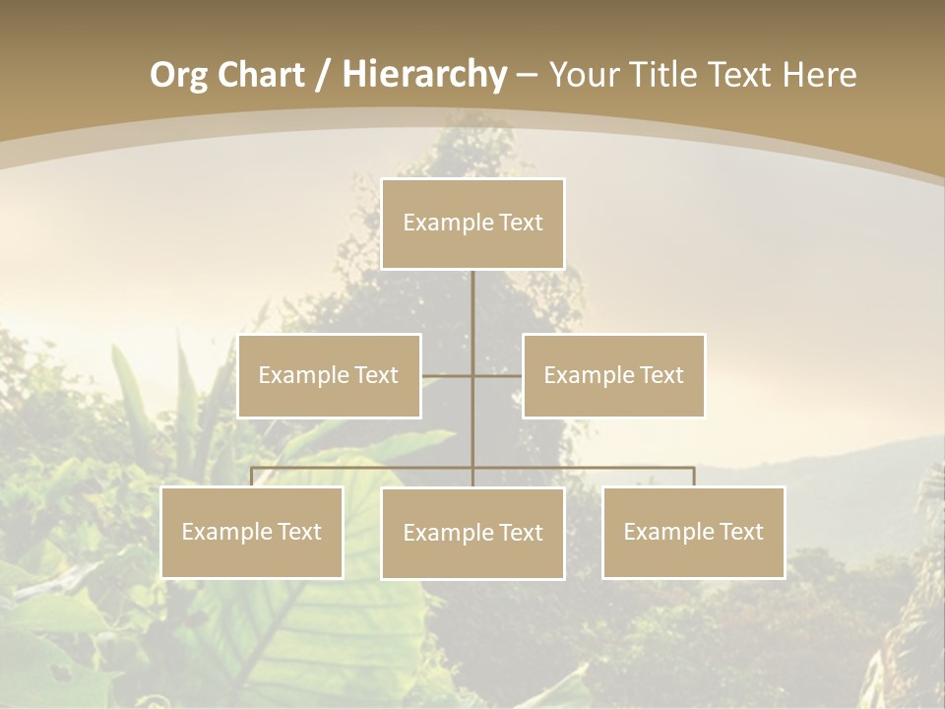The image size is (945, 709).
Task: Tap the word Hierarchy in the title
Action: click(x=424, y=75)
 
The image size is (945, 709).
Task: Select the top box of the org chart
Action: click(x=472, y=224)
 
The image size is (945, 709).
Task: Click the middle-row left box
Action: click(x=329, y=376)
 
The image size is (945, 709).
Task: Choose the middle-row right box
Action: click(x=613, y=376)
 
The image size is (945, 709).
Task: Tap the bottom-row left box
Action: click(x=252, y=533)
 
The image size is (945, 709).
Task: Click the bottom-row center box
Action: click(x=472, y=534)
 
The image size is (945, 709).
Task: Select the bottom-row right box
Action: click(x=693, y=533)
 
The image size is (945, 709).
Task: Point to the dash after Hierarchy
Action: click(x=527, y=75)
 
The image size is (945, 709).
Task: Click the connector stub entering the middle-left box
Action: click(x=438, y=376)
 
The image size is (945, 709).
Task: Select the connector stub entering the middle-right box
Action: click(x=506, y=376)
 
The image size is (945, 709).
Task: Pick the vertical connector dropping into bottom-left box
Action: click(x=252, y=478)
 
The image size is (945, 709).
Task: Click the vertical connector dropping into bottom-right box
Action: click(x=693, y=478)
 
